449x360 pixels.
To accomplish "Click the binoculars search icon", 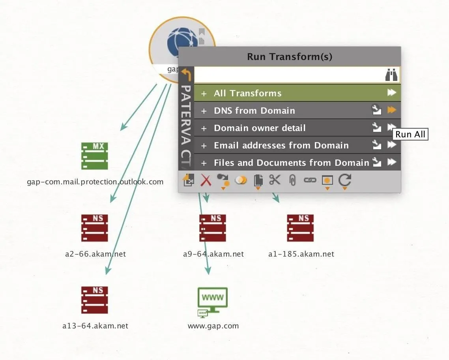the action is pos(391,75).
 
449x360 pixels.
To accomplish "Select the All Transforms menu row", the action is pos(297,93).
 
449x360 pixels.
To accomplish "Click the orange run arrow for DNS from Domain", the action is pos(391,110).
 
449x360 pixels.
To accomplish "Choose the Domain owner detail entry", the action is pos(260,128).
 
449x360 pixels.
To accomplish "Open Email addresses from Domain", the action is pos(281,145).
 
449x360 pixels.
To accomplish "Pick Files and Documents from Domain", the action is pos(292,163).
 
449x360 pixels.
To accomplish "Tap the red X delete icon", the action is pos(206,180).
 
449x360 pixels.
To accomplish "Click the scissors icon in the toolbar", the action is pos(275,180).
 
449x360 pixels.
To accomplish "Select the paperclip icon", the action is pos(292,180).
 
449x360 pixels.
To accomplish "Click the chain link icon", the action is pos(310,180).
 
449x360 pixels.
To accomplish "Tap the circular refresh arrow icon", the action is pos(344,180).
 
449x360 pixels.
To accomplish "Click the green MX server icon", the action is pos(95,156).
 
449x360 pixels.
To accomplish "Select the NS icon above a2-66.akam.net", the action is pos(95,228).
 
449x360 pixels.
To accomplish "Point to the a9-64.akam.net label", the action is pos(213,254).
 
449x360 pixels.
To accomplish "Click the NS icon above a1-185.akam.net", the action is pos(300,228).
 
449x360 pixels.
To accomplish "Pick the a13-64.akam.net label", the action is pos(95,326).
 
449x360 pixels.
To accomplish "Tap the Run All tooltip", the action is pos(410,134).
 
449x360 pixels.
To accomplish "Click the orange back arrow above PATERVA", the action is pos(186,75).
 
